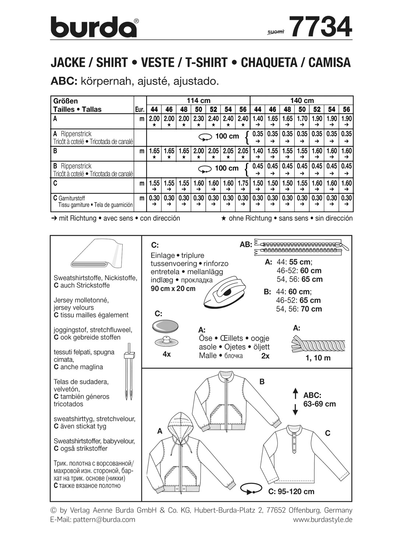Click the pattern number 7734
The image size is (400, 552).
tap(320, 27)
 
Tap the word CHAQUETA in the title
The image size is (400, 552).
tap(270, 63)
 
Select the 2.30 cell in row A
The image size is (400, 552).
tap(199, 119)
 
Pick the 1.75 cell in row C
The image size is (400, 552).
tap(243, 183)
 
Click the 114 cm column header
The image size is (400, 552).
tap(198, 100)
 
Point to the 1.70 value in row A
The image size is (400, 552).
tap(302, 119)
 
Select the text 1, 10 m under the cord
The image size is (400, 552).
tap(318, 358)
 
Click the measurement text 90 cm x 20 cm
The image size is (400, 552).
tap(173, 289)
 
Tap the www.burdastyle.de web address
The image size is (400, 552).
tap(323, 520)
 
